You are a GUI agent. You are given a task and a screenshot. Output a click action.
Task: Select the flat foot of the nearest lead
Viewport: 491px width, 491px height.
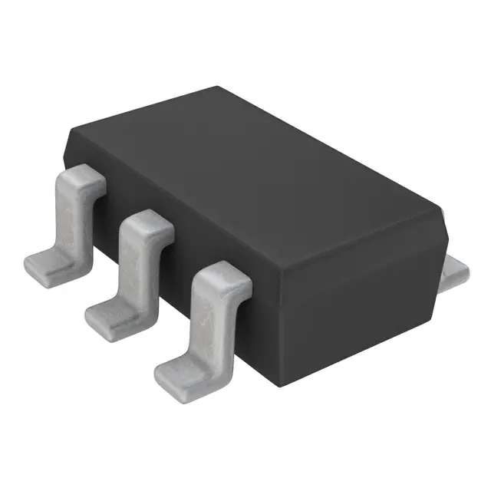tap(180, 373)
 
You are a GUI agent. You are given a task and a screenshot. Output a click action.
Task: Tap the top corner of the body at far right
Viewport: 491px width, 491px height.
tap(443, 205)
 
